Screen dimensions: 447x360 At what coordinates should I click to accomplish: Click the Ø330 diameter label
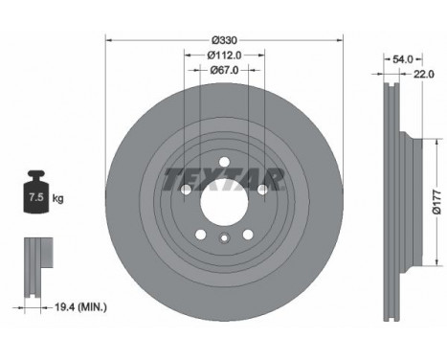coord(225,40)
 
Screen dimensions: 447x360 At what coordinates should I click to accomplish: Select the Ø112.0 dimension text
coord(224,56)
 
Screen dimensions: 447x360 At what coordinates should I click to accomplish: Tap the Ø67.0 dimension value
coord(224,70)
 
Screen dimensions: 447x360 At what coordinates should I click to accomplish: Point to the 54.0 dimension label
coord(403,59)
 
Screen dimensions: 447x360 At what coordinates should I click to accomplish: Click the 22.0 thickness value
coord(424,74)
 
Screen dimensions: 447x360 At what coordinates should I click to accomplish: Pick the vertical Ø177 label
coord(436,202)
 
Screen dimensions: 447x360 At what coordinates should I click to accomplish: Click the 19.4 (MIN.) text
coord(81,307)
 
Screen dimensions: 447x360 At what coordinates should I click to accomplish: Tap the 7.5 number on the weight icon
coord(36,197)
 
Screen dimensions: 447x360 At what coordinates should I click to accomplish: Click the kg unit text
coord(57,198)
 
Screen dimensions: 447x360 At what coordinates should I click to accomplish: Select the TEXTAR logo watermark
coord(224,180)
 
